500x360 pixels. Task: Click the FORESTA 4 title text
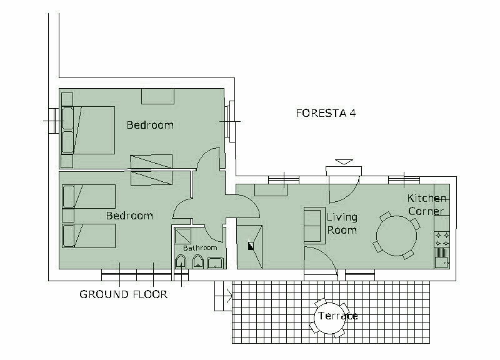point(326,113)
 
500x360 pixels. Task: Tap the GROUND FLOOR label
point(123,294)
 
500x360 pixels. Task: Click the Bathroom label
point(200,247)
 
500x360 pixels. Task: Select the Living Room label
point(342,224)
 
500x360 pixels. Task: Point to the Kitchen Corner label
point(426,205)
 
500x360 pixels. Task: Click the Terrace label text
point(338,316)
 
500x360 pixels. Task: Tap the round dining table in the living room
point(396,236)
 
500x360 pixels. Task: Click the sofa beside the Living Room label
point(312,225)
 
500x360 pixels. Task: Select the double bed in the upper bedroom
point(88,130)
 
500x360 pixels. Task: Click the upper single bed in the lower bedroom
point(89,196)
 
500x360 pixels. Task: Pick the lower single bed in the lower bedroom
point(89,236)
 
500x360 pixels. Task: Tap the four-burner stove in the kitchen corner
point(442,239)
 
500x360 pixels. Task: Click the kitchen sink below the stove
point(442,258)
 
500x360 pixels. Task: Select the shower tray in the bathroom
point(182,236)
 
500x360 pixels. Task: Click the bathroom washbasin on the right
point(215,262)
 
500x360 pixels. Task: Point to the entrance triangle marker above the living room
point(344,162)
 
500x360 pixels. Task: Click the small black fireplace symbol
point(251,246)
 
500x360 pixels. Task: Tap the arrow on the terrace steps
point(229,296)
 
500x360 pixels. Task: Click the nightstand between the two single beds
point(68,216)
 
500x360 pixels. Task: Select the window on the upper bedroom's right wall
point(230,121)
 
